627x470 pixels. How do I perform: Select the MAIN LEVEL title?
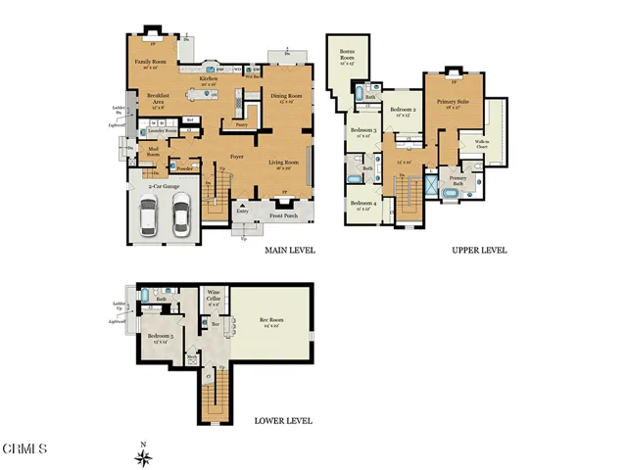click(289, 251)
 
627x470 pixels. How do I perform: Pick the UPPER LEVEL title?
click(479, 251)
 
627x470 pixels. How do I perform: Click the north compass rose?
click(143, 455)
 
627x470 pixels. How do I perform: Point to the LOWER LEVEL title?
click(283, 421)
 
